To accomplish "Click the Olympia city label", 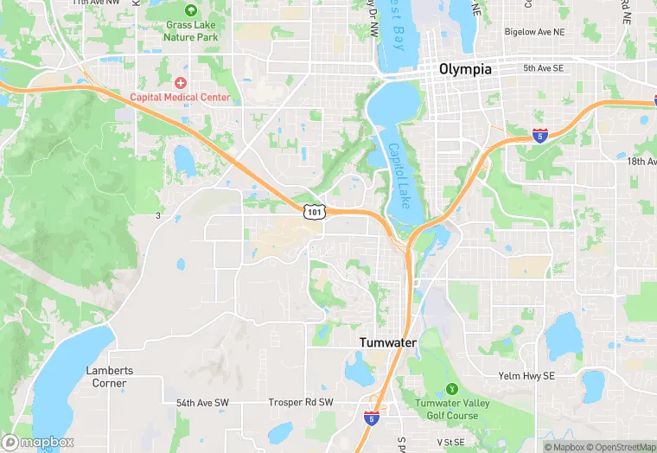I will coord(465,68).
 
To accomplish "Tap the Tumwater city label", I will coord(388,342).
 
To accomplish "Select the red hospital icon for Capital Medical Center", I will coord(180,83).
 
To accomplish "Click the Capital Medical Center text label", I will coord(180,97).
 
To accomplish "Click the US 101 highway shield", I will coord(315,212).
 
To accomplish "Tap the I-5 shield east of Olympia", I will coord(539,137).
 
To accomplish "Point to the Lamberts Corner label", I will coord(110,376).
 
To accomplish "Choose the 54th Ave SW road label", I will coord(202,403).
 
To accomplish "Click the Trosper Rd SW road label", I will coord(300,403).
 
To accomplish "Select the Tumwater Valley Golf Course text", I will coord(446,409).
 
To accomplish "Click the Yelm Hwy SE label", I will coord(526,376).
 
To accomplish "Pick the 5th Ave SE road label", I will coord(543,67).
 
